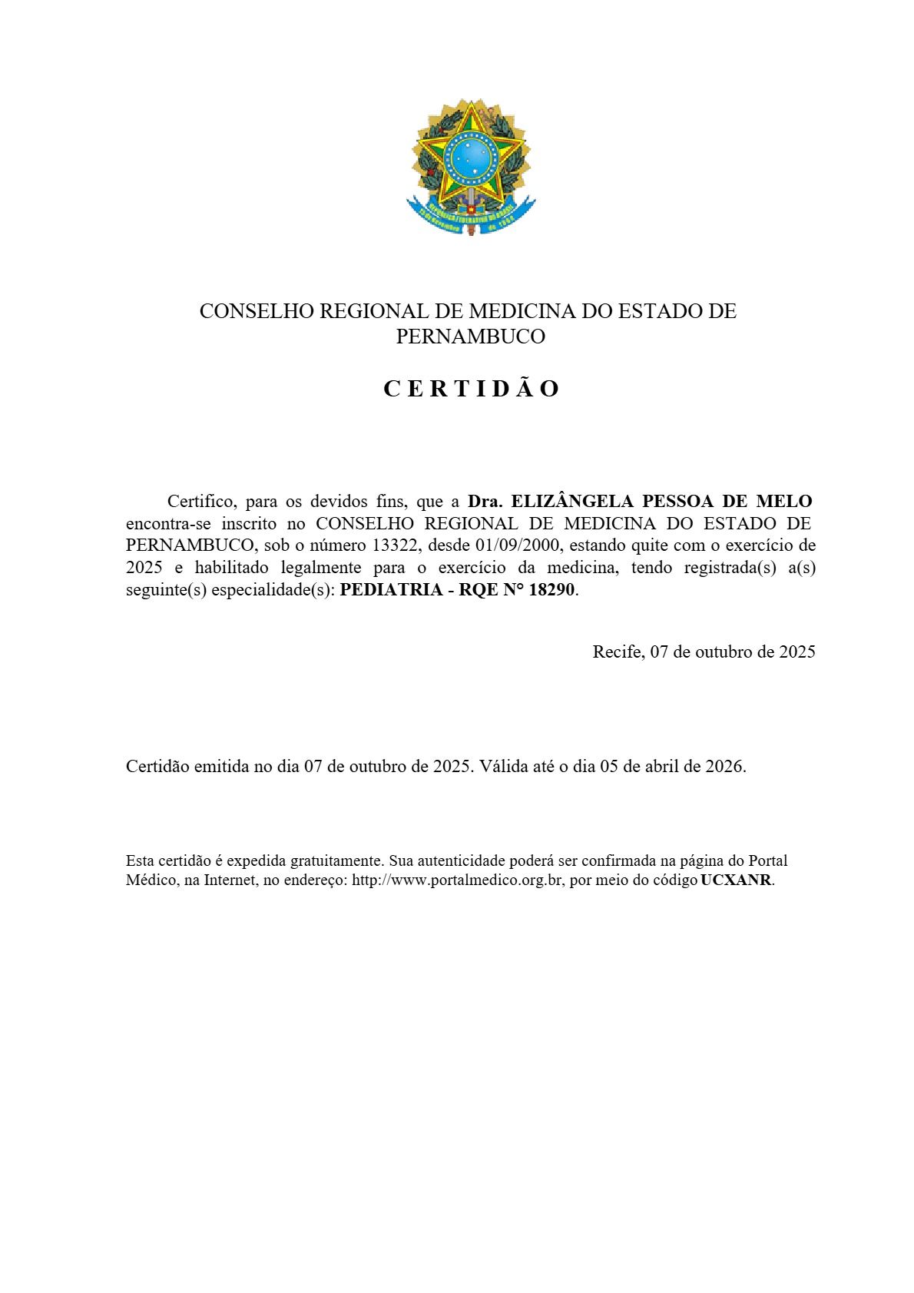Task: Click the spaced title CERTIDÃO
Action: tap(471, 390)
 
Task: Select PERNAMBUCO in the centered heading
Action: tap(470, 337)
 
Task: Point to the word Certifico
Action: tap(201, 502)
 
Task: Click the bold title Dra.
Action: tap(485, 502)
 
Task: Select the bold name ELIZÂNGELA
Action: tap(572, 502)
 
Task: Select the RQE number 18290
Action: tap(551, 591)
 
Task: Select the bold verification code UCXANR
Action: tap(736, 880)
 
